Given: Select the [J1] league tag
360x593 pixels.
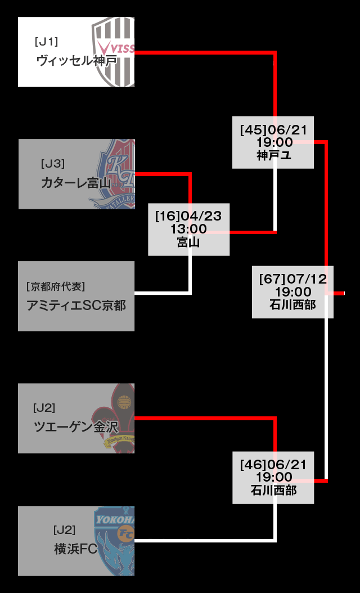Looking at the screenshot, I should tap(46, 42).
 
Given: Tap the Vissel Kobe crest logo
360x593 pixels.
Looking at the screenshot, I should tap(114, 51).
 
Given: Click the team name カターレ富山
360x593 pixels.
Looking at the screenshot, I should tap(76, 183).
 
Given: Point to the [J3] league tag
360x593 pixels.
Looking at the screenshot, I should tap(53, 164).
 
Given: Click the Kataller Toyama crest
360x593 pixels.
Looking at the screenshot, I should tap(116, 174).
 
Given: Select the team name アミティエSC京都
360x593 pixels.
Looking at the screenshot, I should tap(76, 306).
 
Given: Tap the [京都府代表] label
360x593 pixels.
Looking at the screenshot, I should tap(56, 286).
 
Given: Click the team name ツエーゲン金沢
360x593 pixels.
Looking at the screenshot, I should tap(76, 427).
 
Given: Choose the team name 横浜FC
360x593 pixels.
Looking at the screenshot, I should tap(76, 549).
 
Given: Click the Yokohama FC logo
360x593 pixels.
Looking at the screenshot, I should tap(116, 540).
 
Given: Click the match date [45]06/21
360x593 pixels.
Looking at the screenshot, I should tap(273, 131).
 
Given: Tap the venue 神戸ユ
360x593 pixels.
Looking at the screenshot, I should tap(273, 155).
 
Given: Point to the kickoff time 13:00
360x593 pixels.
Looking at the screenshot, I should tap(189, 229).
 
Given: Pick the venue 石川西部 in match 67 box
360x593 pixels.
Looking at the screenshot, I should tap(292, 305).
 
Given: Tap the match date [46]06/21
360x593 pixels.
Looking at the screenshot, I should tap(273, 465).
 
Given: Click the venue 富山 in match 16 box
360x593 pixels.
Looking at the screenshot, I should tap(189, 242).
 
